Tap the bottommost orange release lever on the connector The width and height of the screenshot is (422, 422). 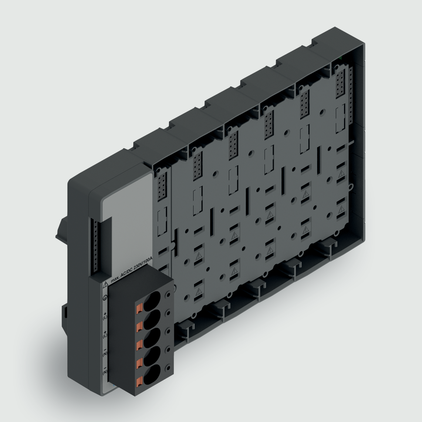(139, 382)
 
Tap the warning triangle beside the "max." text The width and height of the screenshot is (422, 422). (105, 285)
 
